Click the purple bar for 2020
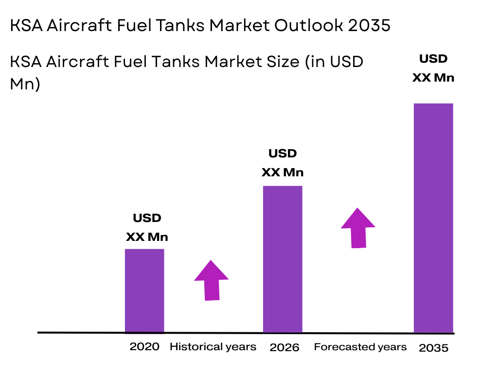[x=144, y=290]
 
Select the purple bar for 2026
[x=283, y=259]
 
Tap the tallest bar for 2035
[x=433, y=218]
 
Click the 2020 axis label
[x=144, y=347]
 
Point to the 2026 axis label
[x=285, y=347]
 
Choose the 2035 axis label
[x=433, y=348]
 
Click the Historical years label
[x=213, y=347]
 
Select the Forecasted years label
[x=360, y=347]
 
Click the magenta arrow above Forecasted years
[x=358, y=228]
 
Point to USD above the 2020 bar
[x=147, y=218]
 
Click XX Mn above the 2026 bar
[x=283, y=172]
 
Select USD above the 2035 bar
[x=433, y=59]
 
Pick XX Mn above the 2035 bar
[x=433, y=78]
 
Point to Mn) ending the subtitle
[x=25, y=84]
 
